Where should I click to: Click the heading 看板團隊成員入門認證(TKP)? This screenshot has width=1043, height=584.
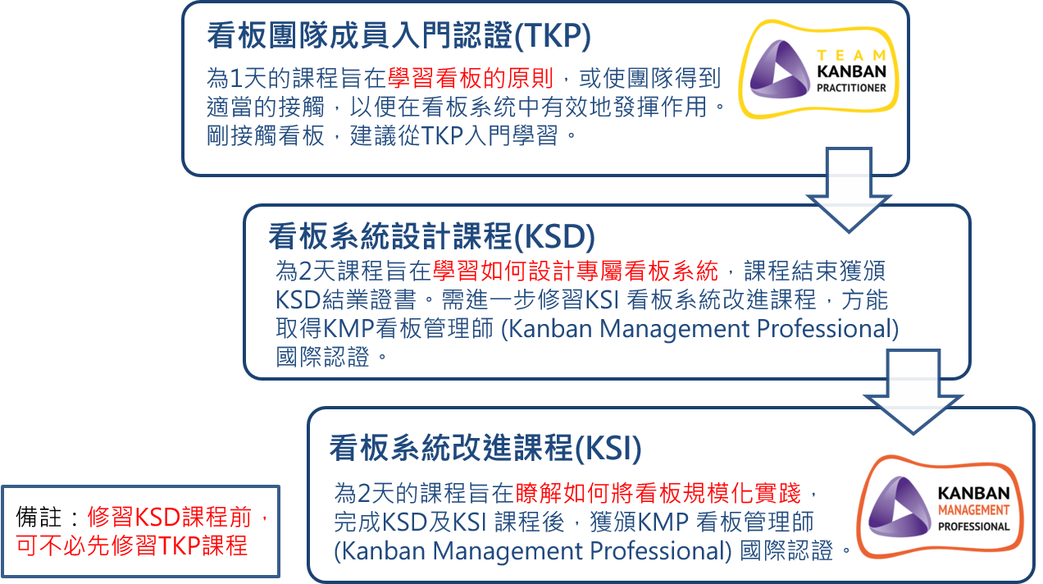tap(399, 36)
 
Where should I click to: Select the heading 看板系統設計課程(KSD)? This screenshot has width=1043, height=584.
tap(431, 236)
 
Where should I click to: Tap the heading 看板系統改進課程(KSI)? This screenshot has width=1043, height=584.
tap(485, 448)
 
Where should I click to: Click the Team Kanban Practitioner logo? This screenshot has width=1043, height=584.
tap(818, 69)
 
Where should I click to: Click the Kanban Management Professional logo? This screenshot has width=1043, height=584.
tap(940, 507)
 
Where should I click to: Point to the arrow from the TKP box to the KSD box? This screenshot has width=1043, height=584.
tap(849, 190)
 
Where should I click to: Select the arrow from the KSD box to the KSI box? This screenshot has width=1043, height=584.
tap(913, 392)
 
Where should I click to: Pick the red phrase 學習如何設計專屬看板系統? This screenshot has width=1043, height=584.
tap(576, 271)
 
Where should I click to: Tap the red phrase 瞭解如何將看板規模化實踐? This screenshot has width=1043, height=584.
tap(658, 493)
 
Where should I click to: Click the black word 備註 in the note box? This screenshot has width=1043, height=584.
tap(39, 517)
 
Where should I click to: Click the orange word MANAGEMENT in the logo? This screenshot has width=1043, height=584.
tap(973, 510)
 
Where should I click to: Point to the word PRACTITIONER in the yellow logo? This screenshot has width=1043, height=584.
tap(852, 88)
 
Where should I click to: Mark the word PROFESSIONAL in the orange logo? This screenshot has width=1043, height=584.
tap(973, 527)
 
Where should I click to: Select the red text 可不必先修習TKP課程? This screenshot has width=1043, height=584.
tap(131, 545)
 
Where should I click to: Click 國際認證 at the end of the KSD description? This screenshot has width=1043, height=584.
tap(323, 357)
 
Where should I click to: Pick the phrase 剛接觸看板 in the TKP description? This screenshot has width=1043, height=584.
tap(266, 136)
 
